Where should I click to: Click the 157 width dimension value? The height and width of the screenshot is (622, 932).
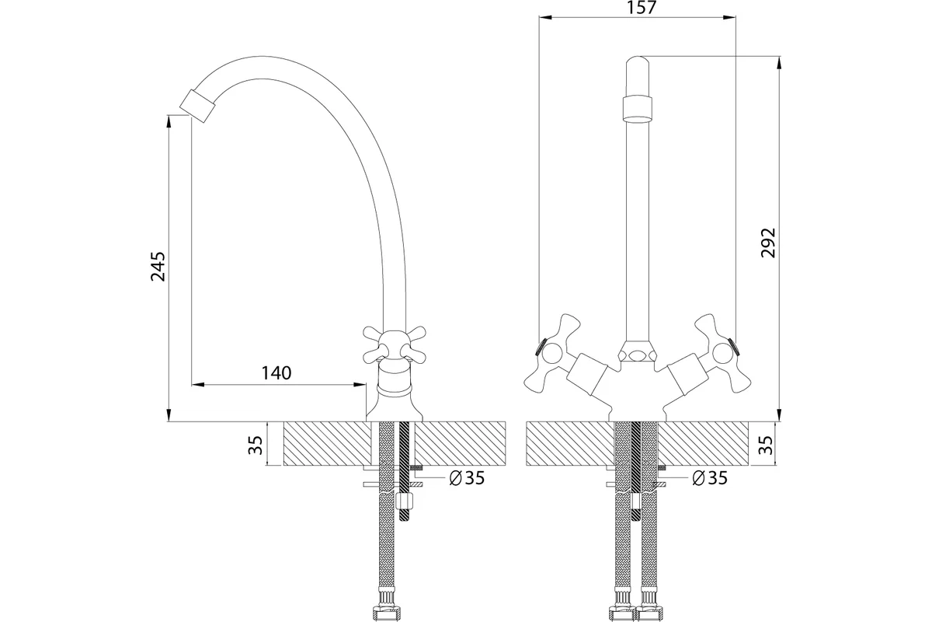coord(642,7)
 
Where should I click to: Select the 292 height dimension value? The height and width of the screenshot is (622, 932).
coord(768,243)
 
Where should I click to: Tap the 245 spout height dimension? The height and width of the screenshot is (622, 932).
coord(158,266)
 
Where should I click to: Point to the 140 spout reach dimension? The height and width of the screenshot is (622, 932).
coord(276,373)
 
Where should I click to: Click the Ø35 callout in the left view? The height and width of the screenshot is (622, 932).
coord(467,478)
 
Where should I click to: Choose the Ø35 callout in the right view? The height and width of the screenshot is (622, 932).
coord(710,478)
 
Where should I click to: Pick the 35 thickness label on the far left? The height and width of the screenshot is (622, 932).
coord(256,445)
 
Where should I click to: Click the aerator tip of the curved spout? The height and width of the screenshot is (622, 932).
coord(197,106)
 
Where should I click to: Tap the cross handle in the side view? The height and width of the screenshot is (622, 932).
coord(395,344)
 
